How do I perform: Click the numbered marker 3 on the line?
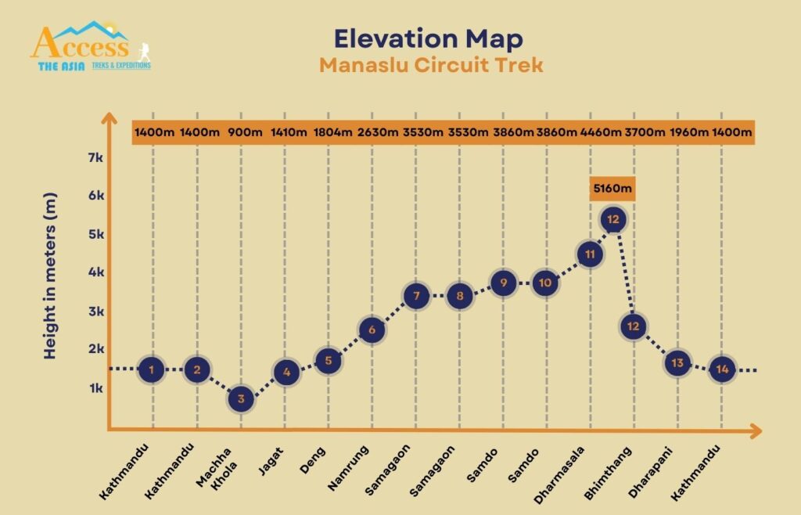242,399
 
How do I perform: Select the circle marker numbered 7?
417,296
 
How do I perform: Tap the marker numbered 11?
591,254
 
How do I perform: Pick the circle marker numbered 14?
722,369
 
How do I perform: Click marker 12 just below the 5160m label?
613,220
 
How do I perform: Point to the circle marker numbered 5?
329,361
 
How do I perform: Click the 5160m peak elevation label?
612,189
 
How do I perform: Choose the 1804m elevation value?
332,132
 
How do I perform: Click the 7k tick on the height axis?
93,157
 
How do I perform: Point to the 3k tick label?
93,312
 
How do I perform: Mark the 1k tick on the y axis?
93,388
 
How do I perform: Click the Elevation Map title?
429,38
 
